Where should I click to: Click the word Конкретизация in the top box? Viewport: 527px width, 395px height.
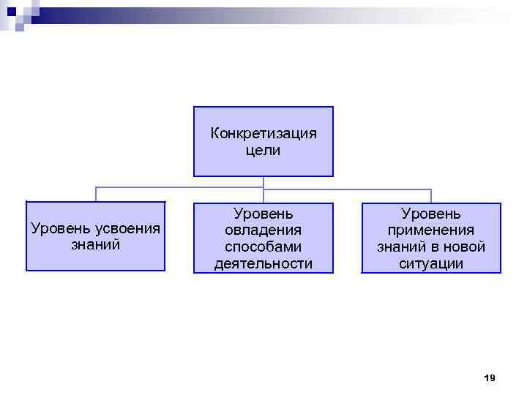(263, 133)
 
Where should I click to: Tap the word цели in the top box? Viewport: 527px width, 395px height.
(263, 151)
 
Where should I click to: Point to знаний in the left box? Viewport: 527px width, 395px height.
(96, 244)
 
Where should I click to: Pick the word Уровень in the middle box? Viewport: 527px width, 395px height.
(263, 213)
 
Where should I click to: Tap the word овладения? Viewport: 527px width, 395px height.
(263, 230)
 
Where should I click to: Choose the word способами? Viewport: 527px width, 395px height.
(263, 247)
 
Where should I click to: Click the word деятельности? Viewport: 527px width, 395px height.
(263, 263)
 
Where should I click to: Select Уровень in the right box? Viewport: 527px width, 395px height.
(431, 213)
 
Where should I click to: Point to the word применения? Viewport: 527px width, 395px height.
(431, 230)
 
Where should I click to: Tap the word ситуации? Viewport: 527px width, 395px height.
(431, 263)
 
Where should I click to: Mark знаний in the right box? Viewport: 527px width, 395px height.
(401, 247)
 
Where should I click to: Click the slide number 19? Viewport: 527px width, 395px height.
(490, 377)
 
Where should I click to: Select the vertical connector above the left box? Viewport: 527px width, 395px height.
(96, 195)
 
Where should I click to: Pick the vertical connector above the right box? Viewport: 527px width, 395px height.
(431, 195)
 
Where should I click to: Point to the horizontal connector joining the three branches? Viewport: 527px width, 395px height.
(183, 188)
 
